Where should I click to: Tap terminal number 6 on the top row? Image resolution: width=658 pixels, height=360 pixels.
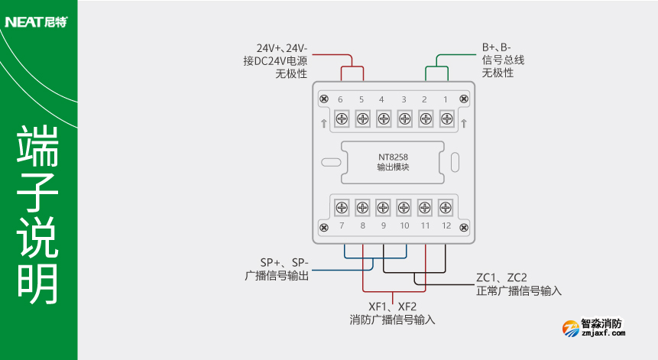(340, 100)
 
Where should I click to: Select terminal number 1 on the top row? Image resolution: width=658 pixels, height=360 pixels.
(446, 100)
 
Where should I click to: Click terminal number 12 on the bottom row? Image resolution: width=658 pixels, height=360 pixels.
(446, 226)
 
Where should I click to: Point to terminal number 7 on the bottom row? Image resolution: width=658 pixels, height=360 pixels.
(342, 226)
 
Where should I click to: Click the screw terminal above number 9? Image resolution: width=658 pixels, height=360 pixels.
(384, 207)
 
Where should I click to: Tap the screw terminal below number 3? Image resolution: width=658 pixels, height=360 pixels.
(404, 118)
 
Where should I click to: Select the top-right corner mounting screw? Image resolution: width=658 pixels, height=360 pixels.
(463, 100)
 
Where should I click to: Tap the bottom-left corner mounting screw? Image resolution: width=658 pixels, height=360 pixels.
(324, 227)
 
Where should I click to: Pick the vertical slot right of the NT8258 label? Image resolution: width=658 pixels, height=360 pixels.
(455, 162)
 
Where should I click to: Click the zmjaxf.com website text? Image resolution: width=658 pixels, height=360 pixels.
(604, 333)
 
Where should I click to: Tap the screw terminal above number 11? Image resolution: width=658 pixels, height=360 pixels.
(426, 207)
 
